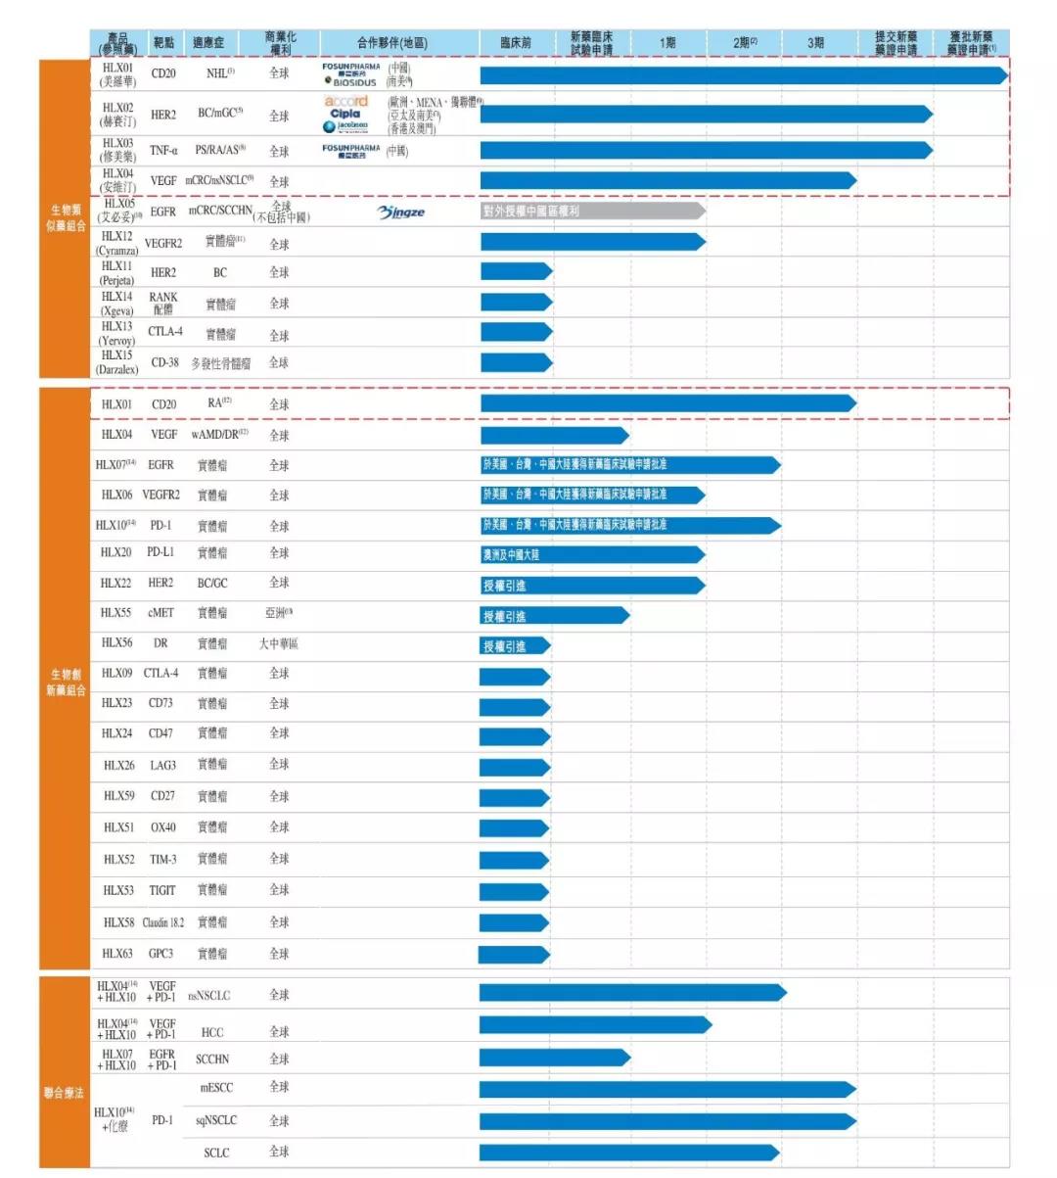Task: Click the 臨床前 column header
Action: pos(515,43)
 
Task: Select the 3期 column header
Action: pos(815,43)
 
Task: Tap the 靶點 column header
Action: pos(163,43)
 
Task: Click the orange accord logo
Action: pos(346,101)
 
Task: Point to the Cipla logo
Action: pos(345,114)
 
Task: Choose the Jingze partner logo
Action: pos(401,212)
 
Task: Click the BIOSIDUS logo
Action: pos(351,82)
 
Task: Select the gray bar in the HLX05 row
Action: pos(592,211)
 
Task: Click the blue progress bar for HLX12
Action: pos(592,242)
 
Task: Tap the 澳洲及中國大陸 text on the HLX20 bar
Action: pos(511,555)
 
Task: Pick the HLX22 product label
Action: pos(116,583)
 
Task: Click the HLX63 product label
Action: pos(117,953)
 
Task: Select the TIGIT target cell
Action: pos(162,890)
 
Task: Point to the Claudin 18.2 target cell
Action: pos(163,922)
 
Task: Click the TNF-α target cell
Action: pos(163,151)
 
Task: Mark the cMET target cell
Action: pos(161,613)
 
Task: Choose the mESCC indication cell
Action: pos(216,1088)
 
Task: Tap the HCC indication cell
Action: pos(212,1032)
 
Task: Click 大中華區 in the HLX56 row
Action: pos(279,643)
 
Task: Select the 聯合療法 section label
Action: pos(64,1093)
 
